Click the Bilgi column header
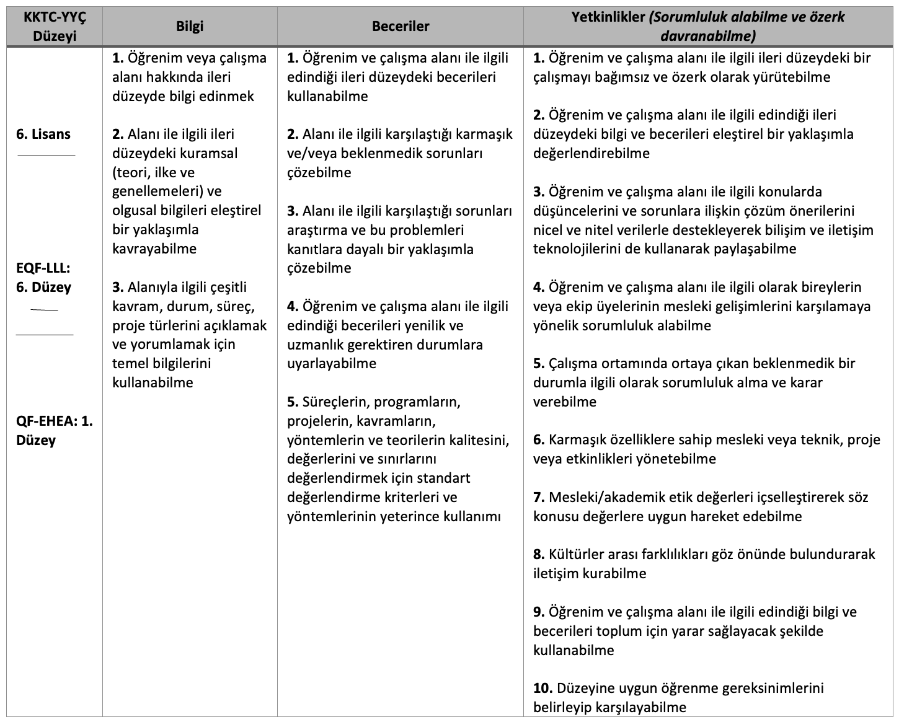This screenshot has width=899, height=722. (x=189, y=26)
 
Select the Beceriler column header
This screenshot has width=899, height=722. (x=401, y=26)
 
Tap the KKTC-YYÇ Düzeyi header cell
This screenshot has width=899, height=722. (x=55, y=26)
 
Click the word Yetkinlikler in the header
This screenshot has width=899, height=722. (x=608, y=17)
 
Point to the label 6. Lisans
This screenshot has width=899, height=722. (x=43, y=134)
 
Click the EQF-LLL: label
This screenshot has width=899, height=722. (x=43, y=268)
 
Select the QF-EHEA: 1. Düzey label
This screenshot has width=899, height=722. (x=55, y=430)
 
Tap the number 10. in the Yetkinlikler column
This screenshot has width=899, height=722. (x=543, y=688)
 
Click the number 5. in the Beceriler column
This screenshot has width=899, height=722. (x=293, y=402)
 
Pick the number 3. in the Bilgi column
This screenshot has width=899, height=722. (x=118, y=287)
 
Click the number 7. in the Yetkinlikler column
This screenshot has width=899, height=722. (x=539, y=497)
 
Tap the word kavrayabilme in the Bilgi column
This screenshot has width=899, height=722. (x=154, y=249)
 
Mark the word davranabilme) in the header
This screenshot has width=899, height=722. (x=708, y=36)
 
